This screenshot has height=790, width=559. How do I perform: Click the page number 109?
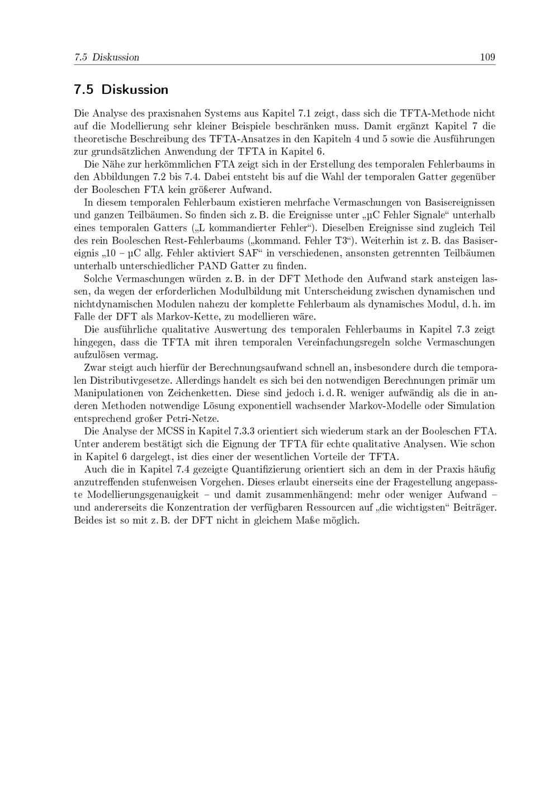coord(487,57)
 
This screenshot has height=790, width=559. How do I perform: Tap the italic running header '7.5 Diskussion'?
coord(106,57)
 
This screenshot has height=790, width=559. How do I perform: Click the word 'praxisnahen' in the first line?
coord(164,113)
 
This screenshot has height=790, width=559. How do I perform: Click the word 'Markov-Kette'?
coord(168,316)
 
